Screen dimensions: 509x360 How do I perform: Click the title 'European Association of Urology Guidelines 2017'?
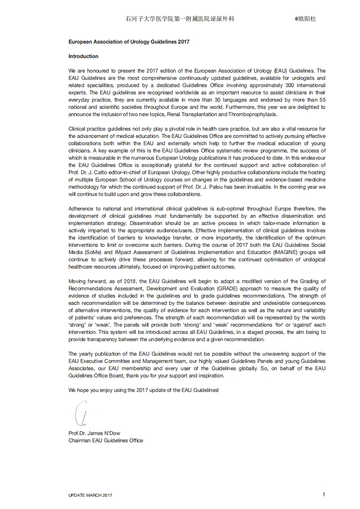pos(129,42)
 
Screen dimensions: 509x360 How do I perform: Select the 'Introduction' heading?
pos(84,56)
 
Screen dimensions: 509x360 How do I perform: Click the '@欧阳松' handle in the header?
pos(305,19)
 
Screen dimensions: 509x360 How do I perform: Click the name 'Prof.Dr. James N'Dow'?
pos(94,433)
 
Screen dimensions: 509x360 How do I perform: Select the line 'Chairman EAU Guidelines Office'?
pos(106,440)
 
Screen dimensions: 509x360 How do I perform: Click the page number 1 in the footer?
pos(324,494)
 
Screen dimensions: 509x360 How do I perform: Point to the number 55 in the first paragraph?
pos(322,100)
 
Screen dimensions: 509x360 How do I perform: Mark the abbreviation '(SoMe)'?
pos(94,252)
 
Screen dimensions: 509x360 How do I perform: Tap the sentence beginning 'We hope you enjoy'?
pos(143,390)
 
